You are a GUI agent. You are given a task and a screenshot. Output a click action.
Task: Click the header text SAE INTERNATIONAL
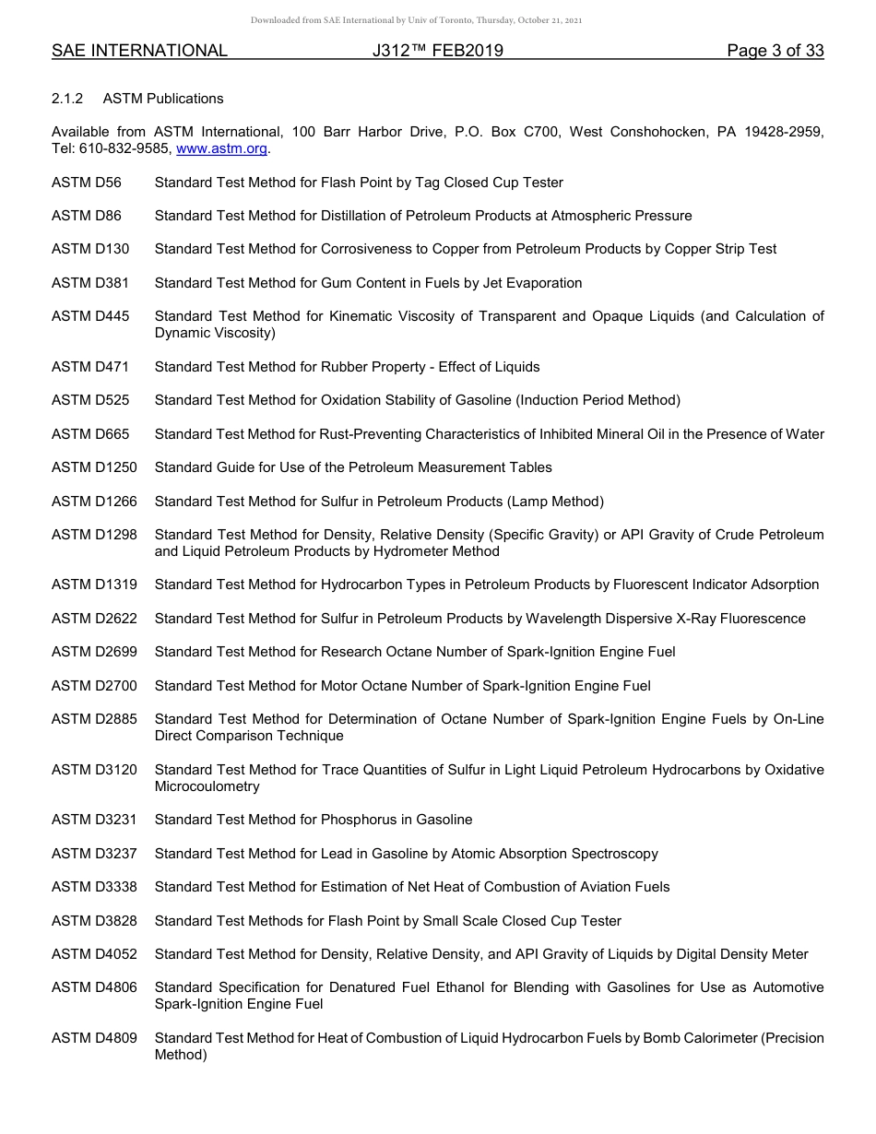click(139, 51)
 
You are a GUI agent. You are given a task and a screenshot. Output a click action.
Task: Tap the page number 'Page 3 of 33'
click(775, 51)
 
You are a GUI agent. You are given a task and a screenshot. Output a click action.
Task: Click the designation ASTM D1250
click(94, 467)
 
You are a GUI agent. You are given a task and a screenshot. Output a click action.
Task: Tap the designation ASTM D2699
click(94, 652)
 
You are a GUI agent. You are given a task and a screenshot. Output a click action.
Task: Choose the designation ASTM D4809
click(94, 1038)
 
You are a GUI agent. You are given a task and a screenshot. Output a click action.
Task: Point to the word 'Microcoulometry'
click(207, 786)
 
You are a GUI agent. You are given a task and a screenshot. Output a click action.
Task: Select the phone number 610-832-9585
click(124, 148)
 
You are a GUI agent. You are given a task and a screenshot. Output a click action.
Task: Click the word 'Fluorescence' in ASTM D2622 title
click(762, 619)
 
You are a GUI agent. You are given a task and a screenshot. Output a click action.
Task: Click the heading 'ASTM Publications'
click(163, 99)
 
